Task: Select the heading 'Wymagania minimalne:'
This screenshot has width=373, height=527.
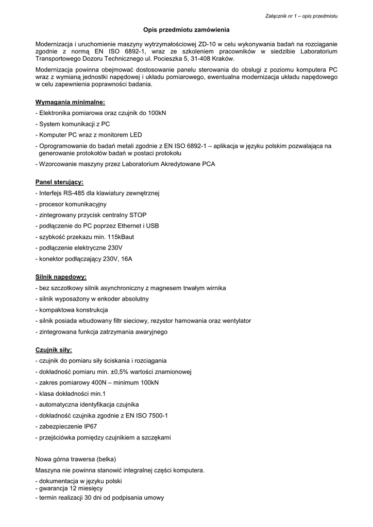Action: coord(70,102)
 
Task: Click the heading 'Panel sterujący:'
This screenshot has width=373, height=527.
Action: coord(59,182)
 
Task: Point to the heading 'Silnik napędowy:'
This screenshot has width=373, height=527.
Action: coord(61,276)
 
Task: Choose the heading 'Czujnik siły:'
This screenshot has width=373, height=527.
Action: coord(54,349)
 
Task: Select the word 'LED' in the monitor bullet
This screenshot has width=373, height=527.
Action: coord(135,135)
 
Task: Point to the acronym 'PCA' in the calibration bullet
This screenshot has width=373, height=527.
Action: coord(209,164)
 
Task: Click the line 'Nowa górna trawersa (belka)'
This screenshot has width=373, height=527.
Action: coord(75,459)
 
